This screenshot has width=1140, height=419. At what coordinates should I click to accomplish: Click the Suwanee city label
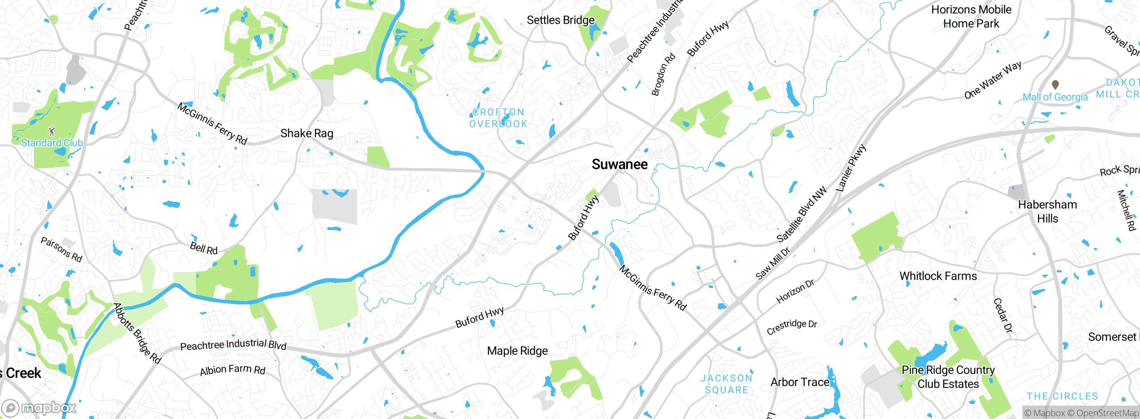pyautogui.click(x=619, y=164)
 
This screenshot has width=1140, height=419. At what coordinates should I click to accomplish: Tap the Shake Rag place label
pyautogui.click(x=307, y=133)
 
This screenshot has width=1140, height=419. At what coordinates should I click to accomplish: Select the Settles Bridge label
pyautogui.click(x=560, y=20)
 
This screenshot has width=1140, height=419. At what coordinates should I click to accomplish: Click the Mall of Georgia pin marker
pyautogui.click(x=1055, y=84)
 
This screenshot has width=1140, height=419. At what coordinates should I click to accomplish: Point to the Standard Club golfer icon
pyautogui.click(x=52, y=131)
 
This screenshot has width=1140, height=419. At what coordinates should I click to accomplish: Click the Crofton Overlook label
pyautogui.click(x=498, y=118)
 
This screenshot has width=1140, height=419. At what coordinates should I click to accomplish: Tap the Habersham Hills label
pyautogui.click(x=1047, y=211)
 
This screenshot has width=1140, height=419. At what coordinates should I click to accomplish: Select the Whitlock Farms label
pyautogui.click(x=938, y=276)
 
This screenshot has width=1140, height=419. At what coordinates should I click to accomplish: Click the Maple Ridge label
pyautogui.click(x=517, y=351)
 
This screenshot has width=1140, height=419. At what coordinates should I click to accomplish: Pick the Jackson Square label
pyautogui.click(x=726, y=384)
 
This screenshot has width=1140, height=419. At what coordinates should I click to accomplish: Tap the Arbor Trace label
pyautogui.click(x=800, y=382)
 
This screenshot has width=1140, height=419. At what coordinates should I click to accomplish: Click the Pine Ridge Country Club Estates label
pyautogui.click(x=948, y=377)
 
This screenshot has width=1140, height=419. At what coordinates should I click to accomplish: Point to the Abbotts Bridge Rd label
pyautogui.click(x=137, y=333)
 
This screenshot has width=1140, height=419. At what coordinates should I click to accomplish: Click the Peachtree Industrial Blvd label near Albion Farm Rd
pyautogui.click(x=233, y=345)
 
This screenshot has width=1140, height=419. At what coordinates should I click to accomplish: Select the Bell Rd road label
pyautogui.click(x=204, y=248)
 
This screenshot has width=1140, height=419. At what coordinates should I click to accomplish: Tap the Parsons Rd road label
pyautogui.click(x=61, y=249)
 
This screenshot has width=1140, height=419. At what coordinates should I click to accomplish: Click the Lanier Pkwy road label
pyautogui.click(x=851, y=168)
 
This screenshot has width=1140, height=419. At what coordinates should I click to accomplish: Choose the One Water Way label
pyautogui.click(x=993, y=80)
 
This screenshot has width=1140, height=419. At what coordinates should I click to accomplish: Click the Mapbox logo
pyautogui.click(x=39, y=407)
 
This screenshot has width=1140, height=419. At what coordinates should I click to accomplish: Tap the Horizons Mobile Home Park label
pyautogui.click(x=971, y=16)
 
